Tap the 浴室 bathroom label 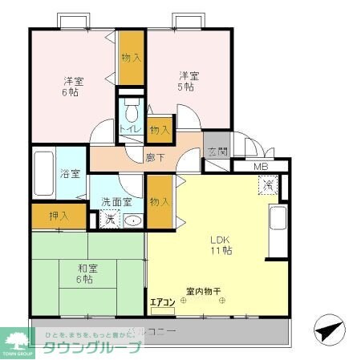point(68,173)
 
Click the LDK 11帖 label point(221,245)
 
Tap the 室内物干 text point(204,290)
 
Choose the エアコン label point(162,302)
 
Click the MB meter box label point(261,167)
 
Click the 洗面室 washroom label point(116,203)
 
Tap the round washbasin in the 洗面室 point(135,220)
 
